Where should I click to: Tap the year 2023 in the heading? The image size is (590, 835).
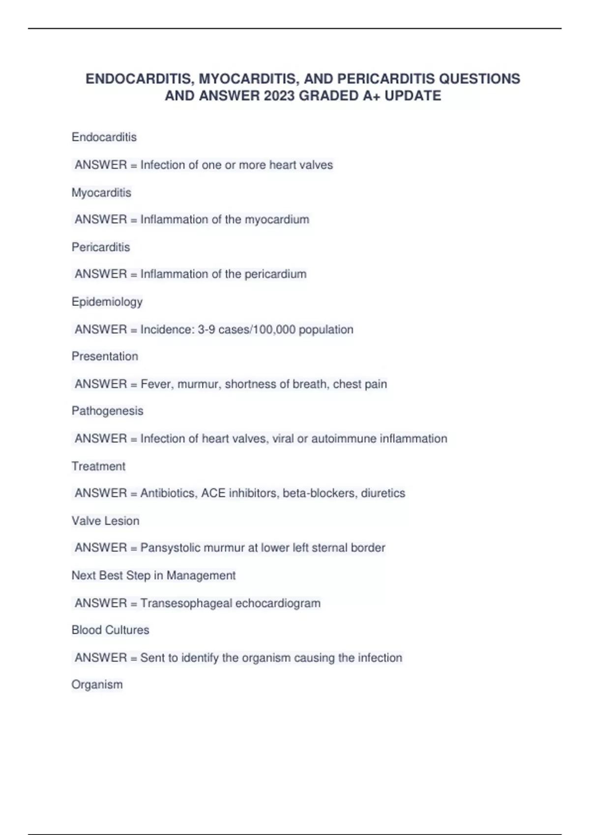pyautogui.click(x=279, y=95)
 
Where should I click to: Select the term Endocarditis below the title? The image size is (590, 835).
pyautogui.click(x=104, y=137)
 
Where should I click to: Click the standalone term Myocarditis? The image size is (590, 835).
pyautogui.click(x=101, y=193)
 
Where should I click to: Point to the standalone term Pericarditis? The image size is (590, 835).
pyautogui.click(x=101, y=247)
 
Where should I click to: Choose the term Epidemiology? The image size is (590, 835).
pyautogui.click(x=107, y=302)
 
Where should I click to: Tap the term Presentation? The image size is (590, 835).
pyautogui.click(x=105, y=356)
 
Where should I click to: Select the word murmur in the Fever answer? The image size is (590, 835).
pyautogui.click(x=198, y=384)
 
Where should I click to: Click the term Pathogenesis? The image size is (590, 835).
pyautogui.click(x=107, y=411)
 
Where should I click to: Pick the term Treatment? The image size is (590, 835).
pyautogui.click(x=98, y=466)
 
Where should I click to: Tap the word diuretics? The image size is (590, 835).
pyautogui.click(x=383, y=493)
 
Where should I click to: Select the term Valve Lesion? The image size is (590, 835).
pyautogui.click(x=105, y=521)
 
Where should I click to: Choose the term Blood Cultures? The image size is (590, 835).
pyautogui.click(x=110, y=630)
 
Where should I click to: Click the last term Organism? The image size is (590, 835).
pyautogui.click(x=97, y=684)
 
